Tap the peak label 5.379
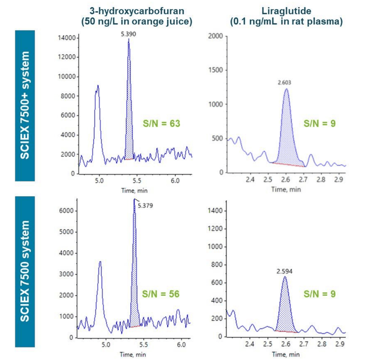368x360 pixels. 145,206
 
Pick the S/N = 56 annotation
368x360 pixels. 160,294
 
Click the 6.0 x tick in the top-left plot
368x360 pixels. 175,181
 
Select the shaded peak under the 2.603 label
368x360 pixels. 287,132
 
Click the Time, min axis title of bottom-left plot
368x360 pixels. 133,354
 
